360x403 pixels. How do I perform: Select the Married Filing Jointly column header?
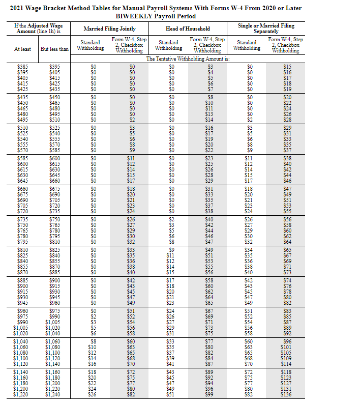tap(110, 28)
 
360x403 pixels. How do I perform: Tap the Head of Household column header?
tap(188, 28)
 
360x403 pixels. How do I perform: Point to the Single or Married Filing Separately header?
tap(266, 28)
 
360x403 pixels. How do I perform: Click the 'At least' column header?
tap(23, 49)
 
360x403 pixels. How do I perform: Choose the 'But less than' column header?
tap(54, 49)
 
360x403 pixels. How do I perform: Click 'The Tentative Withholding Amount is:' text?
tap(188, 59)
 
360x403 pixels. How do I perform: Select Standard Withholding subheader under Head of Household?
tap(168, 45)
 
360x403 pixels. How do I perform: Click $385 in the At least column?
tap(23, 67)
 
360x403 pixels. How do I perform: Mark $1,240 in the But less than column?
tap(54, 394)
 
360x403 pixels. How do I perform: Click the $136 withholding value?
tap(287, 394)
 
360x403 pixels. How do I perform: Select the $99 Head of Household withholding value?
tap(208, 394)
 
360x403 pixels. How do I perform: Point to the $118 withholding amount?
tap(287, 374)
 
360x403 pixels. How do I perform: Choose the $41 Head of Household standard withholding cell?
tap(170, 364)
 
